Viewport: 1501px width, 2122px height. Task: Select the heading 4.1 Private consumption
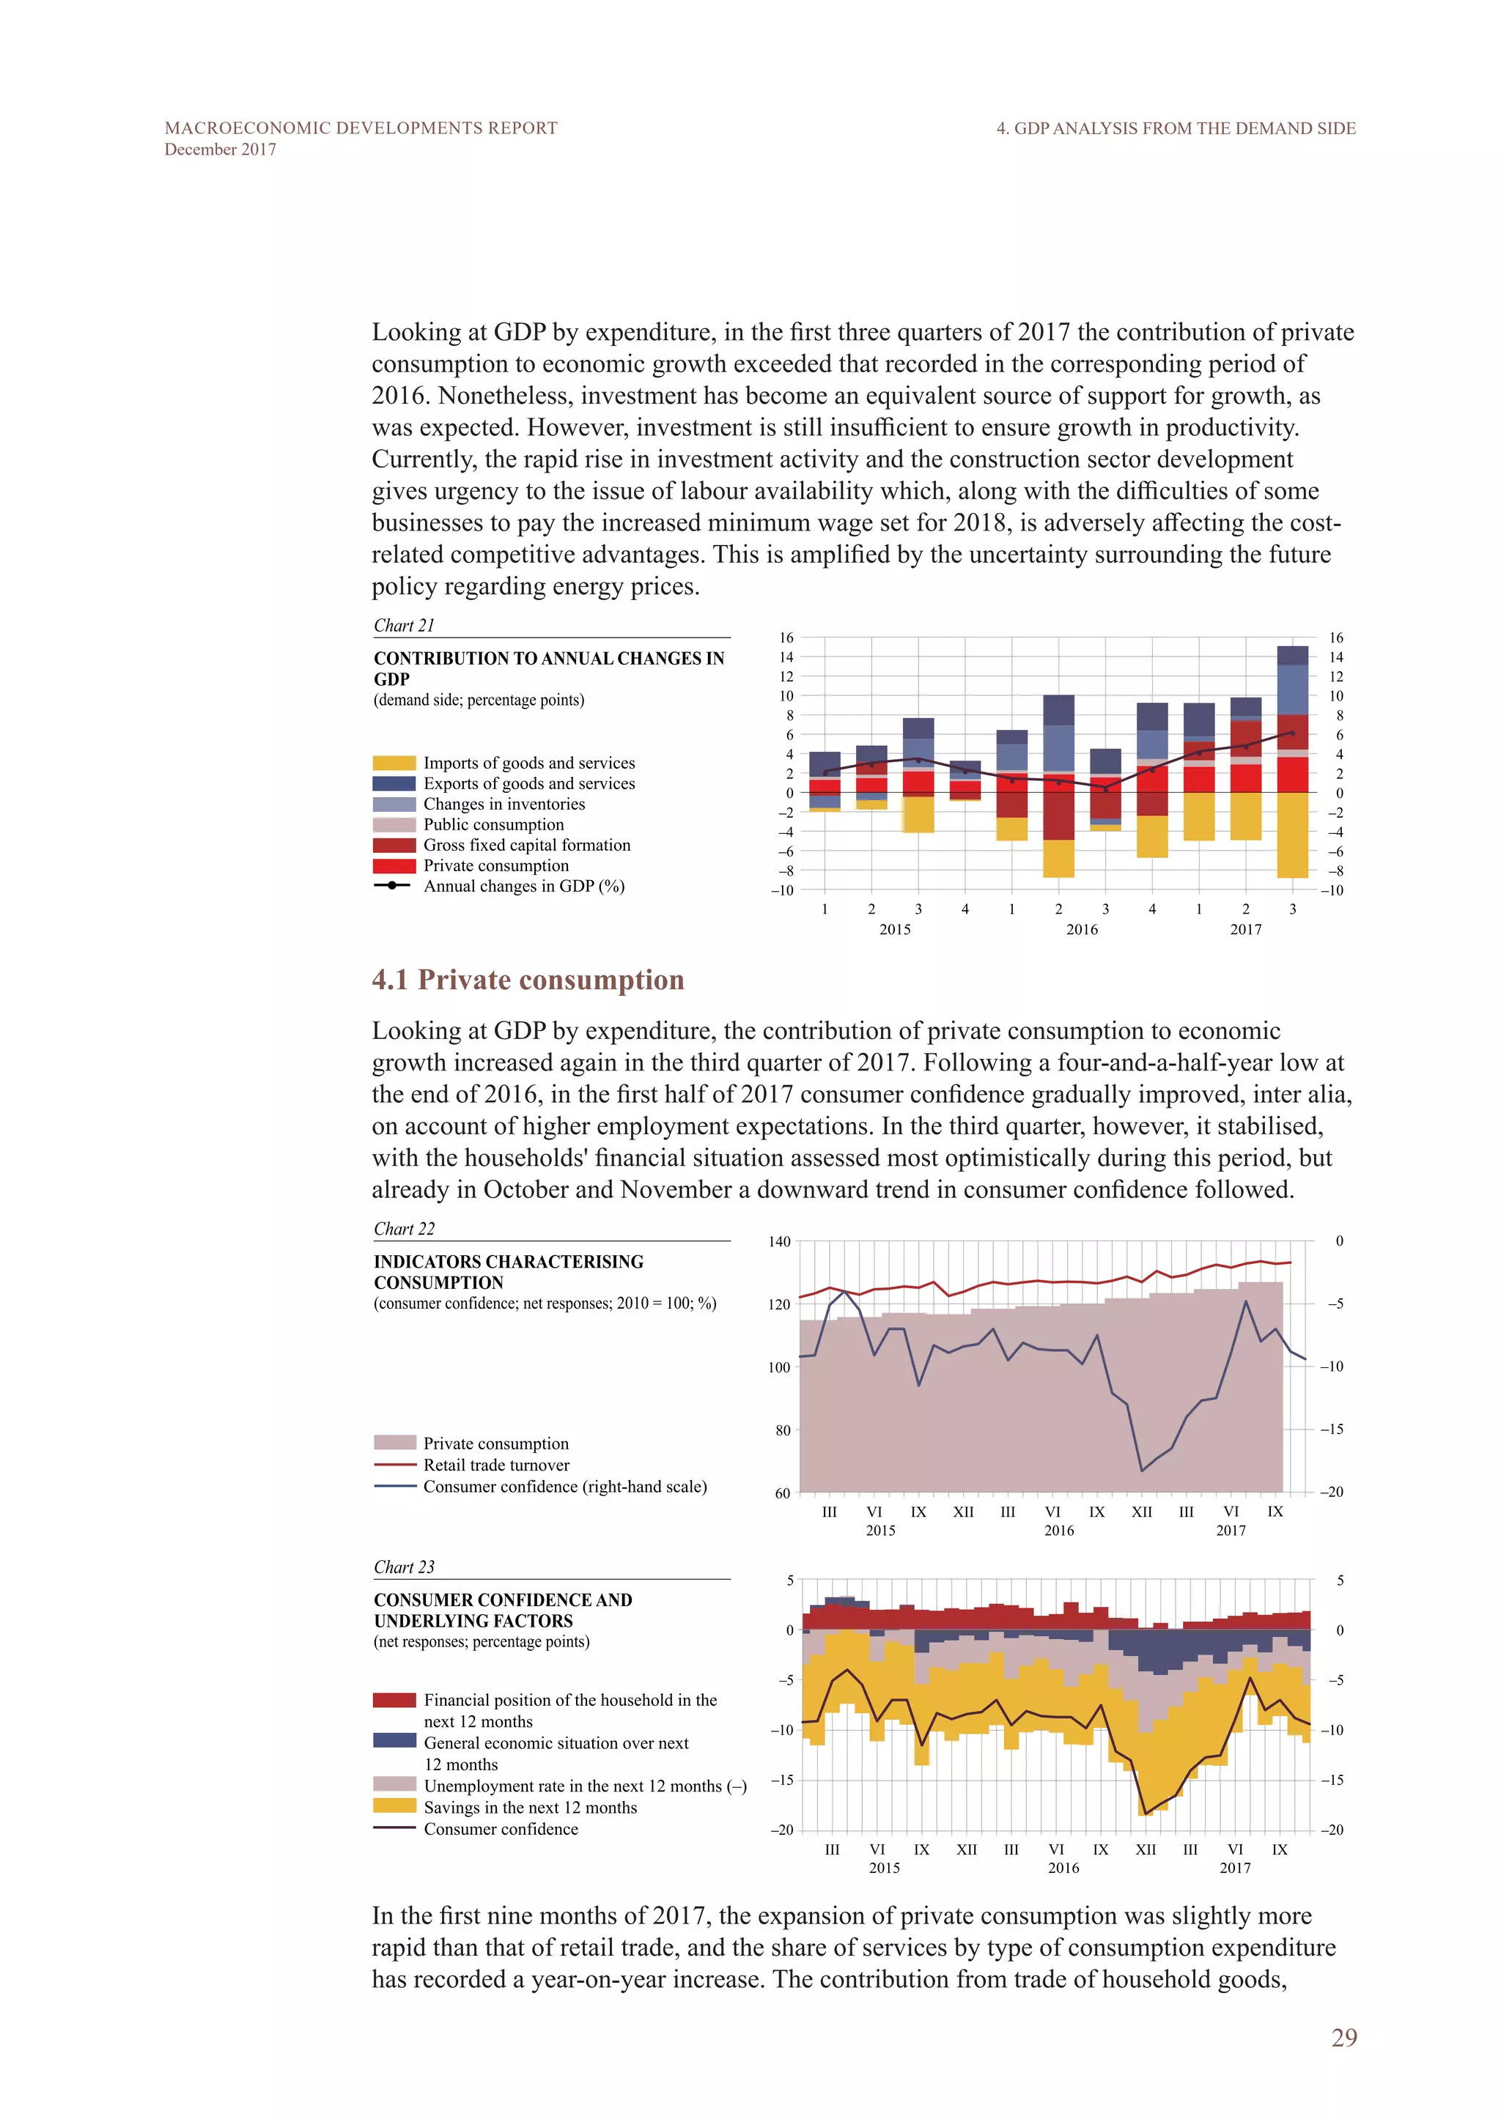(528, 980)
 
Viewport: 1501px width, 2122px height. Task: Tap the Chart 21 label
(404, 626)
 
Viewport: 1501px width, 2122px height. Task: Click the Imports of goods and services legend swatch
(394, 764)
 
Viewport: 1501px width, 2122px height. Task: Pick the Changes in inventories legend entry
(504, 804)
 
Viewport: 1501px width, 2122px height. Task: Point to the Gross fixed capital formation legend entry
(526, 845)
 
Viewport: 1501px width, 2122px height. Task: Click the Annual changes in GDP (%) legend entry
(523, 887)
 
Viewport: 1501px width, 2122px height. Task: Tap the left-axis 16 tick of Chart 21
(786, 637)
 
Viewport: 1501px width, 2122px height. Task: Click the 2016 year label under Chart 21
(1081, 930)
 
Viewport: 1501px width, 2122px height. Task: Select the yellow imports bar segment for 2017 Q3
(1292, 835)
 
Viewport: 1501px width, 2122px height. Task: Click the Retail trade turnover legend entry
(496, 1465)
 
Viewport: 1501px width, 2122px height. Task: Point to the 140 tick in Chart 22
(779, 1241)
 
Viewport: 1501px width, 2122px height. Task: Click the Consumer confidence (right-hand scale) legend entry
(565, 1486)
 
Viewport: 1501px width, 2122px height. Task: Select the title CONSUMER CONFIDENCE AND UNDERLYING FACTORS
(503, 1610)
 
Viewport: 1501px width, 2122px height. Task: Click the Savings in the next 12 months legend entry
(530, 1807)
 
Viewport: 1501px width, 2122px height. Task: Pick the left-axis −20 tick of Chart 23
(782, 1830)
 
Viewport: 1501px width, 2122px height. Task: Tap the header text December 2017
(220, 149)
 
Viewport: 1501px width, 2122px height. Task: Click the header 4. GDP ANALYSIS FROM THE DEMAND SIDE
(1176, 128)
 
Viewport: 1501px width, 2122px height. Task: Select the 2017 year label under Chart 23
(1234, 1868)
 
